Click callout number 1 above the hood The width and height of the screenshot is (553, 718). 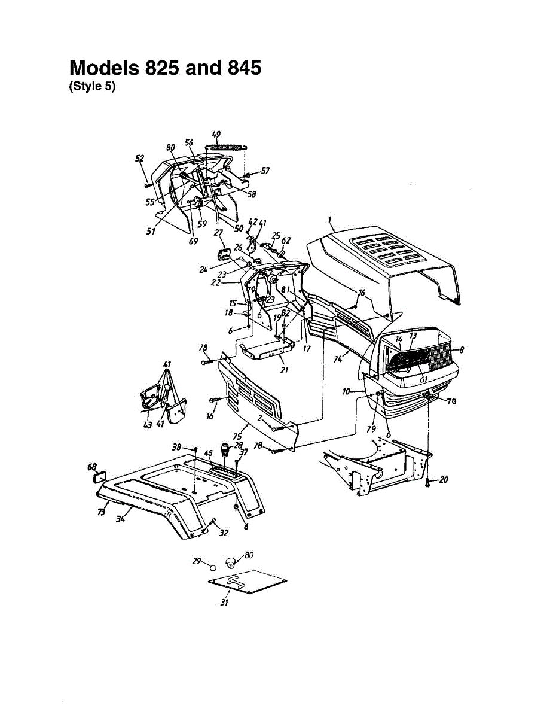coord(331,220)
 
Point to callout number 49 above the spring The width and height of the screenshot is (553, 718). coord(216,134)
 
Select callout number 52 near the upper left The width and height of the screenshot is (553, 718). coord(140,159)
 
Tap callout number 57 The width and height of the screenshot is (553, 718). coord(265,171)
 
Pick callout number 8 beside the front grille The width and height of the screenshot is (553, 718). coord(462,349)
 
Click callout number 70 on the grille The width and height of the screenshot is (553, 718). coord(451,401)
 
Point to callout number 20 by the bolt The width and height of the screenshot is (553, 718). coord(444,480)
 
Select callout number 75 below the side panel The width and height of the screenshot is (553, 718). coord(237,437)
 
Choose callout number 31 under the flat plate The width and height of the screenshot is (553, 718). coord(224,603)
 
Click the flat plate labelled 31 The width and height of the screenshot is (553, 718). coord(245,583)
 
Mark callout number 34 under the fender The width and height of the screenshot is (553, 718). coord(120,519)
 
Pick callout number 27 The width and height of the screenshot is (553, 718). coord(218,233)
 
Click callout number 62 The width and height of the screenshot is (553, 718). coord(286,241)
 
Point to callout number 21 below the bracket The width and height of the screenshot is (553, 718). coord(284,370)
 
